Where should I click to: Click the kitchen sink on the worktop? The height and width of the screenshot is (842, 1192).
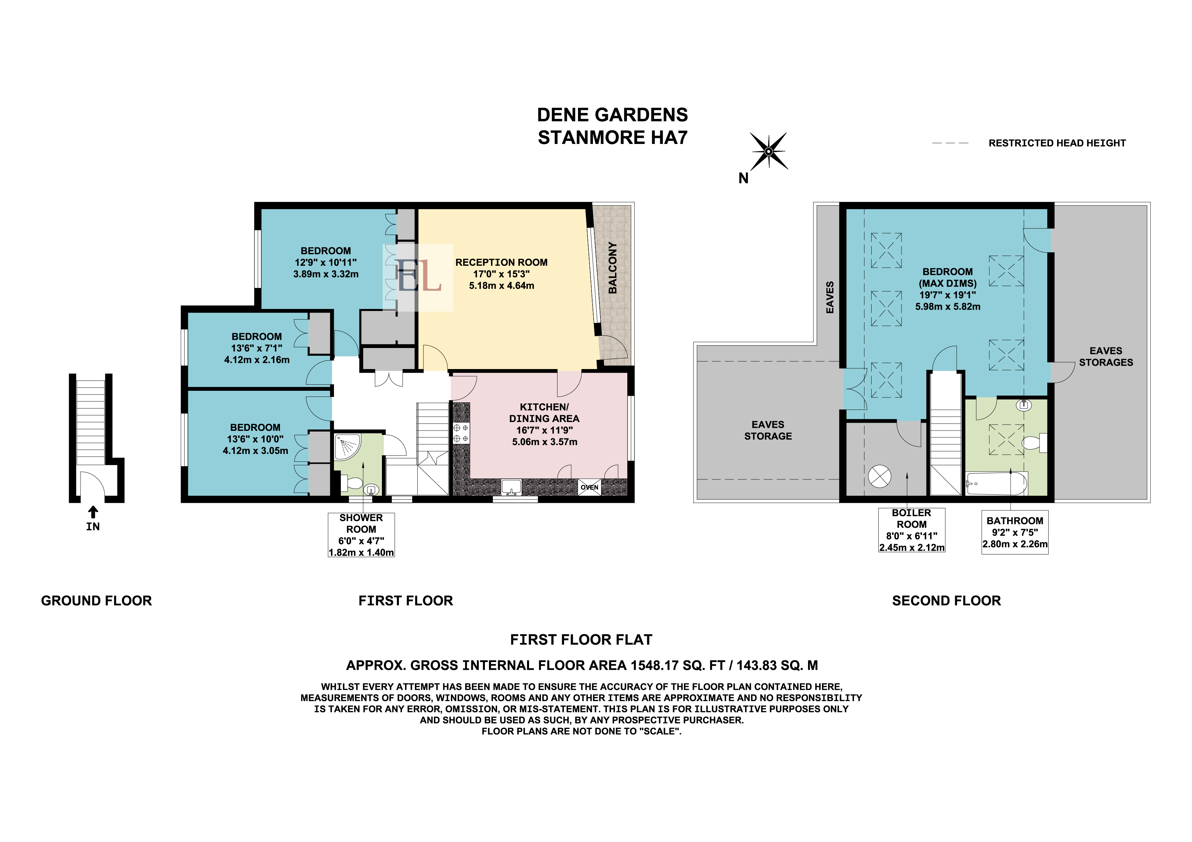[x=511, y=487]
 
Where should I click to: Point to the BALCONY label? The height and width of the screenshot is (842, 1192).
[x=613, y=268]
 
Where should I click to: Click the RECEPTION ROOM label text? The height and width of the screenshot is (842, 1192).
[x=502, y=262]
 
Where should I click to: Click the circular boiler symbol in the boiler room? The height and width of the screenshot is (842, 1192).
[x=879, y=476]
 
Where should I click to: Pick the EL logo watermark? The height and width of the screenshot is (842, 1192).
[x=418, y=277]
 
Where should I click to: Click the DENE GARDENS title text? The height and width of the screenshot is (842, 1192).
[x=613, y=115]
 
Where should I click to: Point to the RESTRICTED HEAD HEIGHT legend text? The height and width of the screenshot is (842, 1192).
[x=1057, y=143]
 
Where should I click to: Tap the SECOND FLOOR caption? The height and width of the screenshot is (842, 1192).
[x=946, y=601]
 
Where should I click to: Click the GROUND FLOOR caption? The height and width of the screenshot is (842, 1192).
[x=97, y=601]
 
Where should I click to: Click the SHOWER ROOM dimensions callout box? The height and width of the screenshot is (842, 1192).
[x=361, y=535]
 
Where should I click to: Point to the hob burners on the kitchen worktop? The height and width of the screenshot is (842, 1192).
[x=461, y=433]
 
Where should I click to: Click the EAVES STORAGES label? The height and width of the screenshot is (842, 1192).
[x=1106, y=357]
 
